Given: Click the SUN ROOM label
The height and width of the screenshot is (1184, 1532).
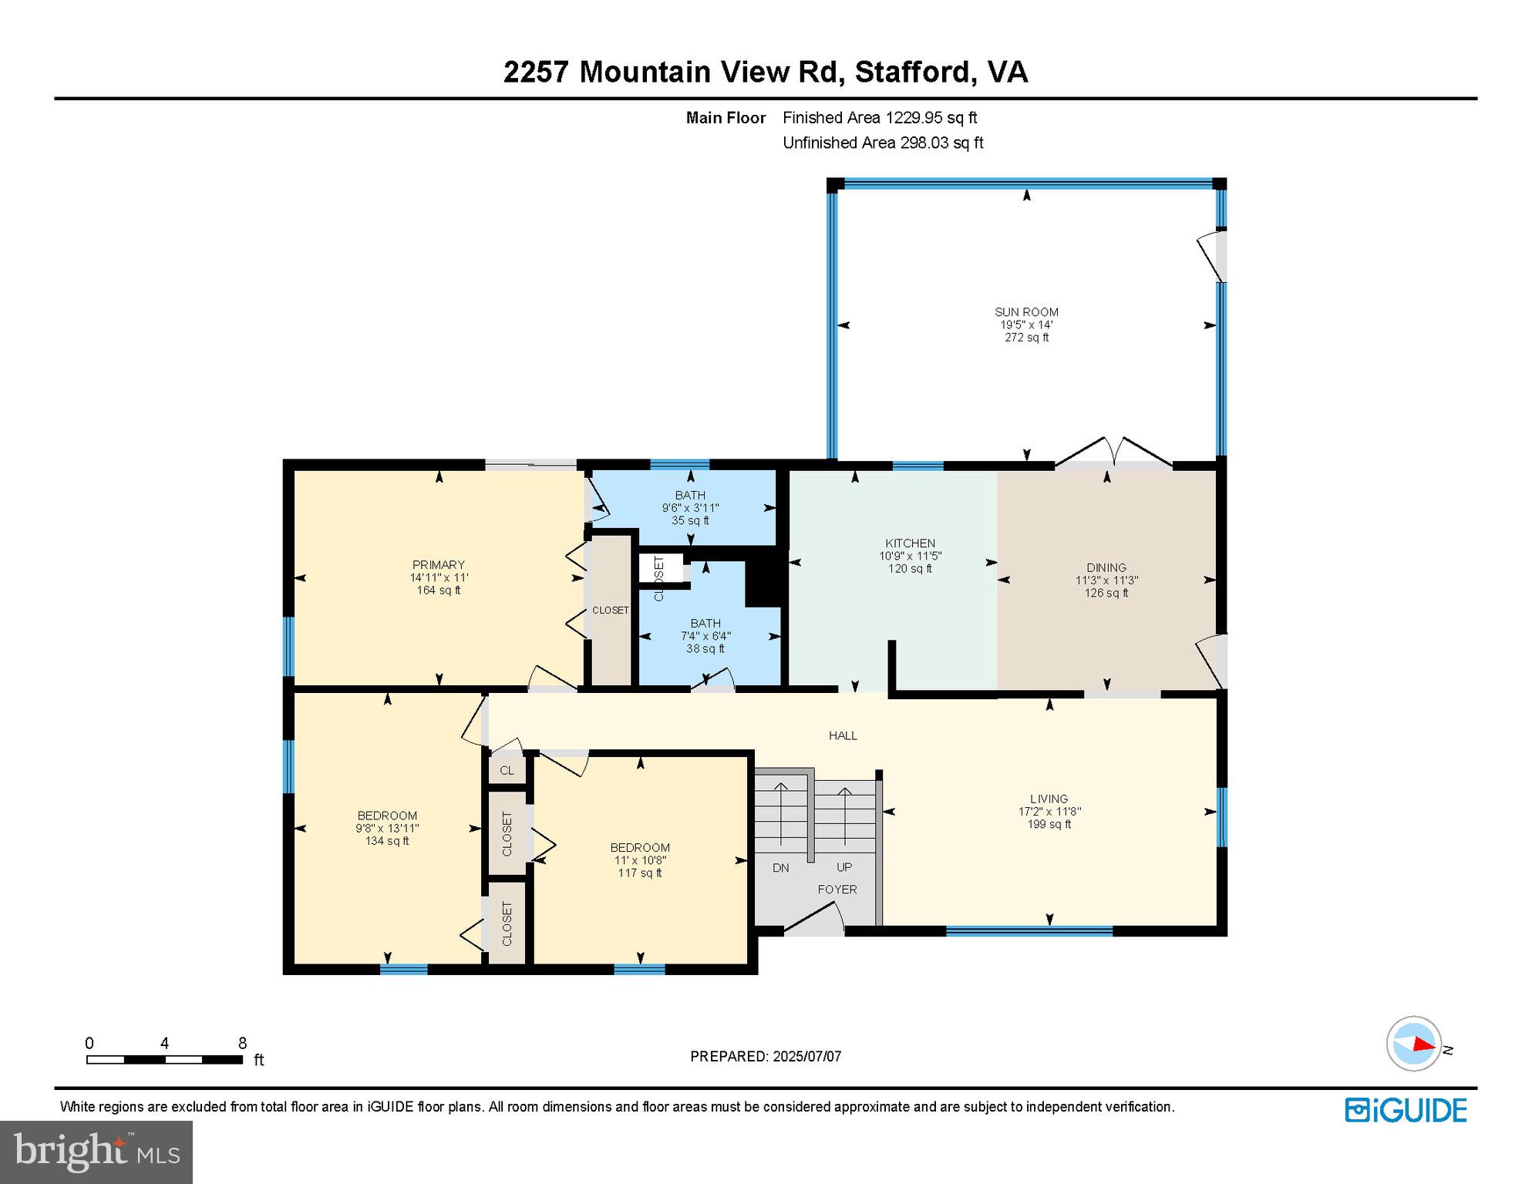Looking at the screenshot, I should [1026, 312].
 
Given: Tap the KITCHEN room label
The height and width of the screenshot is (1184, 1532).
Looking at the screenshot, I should [910, 543].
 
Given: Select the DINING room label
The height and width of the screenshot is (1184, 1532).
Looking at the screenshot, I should [1106, 567].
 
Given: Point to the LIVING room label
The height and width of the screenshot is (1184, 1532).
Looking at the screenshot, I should [1049, 799].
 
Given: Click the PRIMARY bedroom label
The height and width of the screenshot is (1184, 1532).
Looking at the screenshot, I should [439, 565].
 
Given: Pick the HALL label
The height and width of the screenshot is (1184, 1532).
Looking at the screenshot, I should [843, 735].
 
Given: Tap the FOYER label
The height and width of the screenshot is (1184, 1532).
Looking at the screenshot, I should [837, 890].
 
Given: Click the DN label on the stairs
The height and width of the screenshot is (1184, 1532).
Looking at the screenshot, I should [780, 868].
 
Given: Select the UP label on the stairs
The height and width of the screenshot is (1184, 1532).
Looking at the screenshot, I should [844, 867].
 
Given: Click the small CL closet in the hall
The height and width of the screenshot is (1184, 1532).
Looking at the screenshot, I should [507, 771].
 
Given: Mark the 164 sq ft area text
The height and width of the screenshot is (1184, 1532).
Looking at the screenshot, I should [439, 590].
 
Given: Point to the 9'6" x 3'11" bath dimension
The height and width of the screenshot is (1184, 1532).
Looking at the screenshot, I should [690, 508].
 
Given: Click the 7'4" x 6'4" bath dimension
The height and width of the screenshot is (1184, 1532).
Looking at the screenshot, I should [705, 636].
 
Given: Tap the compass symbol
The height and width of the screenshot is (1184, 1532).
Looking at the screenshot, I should [1414, 1044].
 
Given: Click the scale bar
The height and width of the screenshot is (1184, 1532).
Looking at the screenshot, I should [164, 1059].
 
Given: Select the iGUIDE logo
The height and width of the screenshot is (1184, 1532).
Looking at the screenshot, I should [1406, 1110].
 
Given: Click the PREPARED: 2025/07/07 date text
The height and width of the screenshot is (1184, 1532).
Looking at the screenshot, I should [766, 1056].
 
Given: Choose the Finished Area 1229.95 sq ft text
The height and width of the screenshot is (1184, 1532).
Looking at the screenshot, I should [880, 118].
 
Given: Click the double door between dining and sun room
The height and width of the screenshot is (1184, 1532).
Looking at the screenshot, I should [1113, 455].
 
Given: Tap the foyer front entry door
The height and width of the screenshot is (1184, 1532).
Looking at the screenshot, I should [813, 921].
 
